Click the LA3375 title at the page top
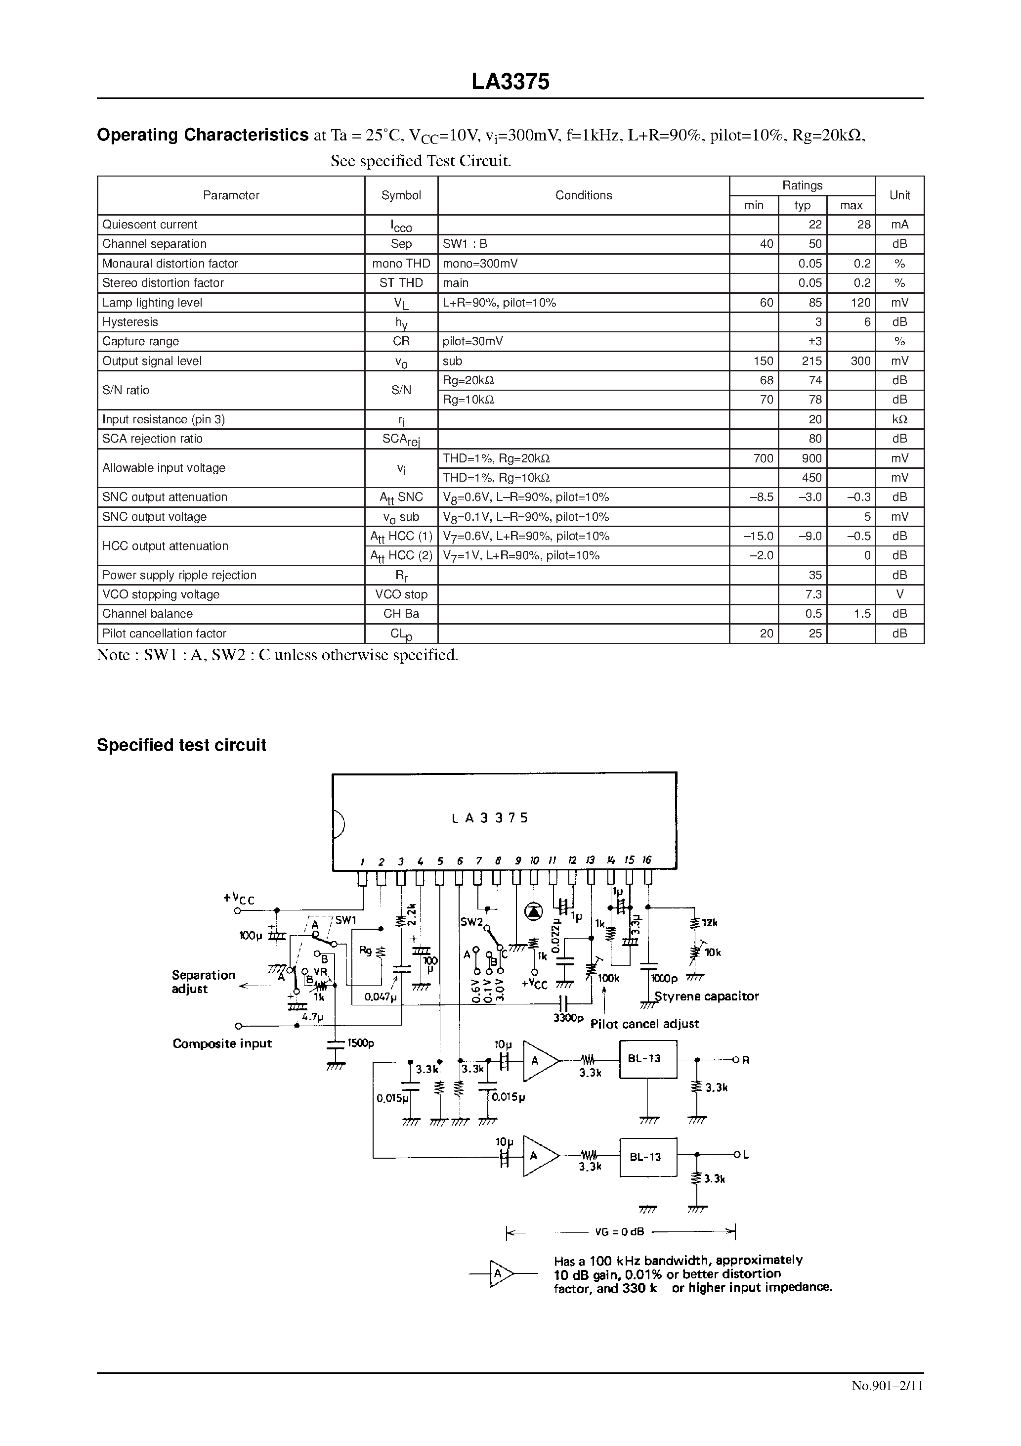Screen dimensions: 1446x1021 510,82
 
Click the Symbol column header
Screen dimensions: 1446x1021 401,195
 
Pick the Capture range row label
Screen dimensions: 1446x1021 140,341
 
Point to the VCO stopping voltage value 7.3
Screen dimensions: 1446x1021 813,594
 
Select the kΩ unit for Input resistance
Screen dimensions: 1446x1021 899,419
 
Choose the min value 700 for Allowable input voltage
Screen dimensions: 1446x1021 763,458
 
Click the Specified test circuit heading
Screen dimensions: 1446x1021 181,745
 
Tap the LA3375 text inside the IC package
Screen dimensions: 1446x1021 490,818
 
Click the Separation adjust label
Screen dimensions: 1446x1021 203,982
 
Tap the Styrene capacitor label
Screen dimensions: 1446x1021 706,996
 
